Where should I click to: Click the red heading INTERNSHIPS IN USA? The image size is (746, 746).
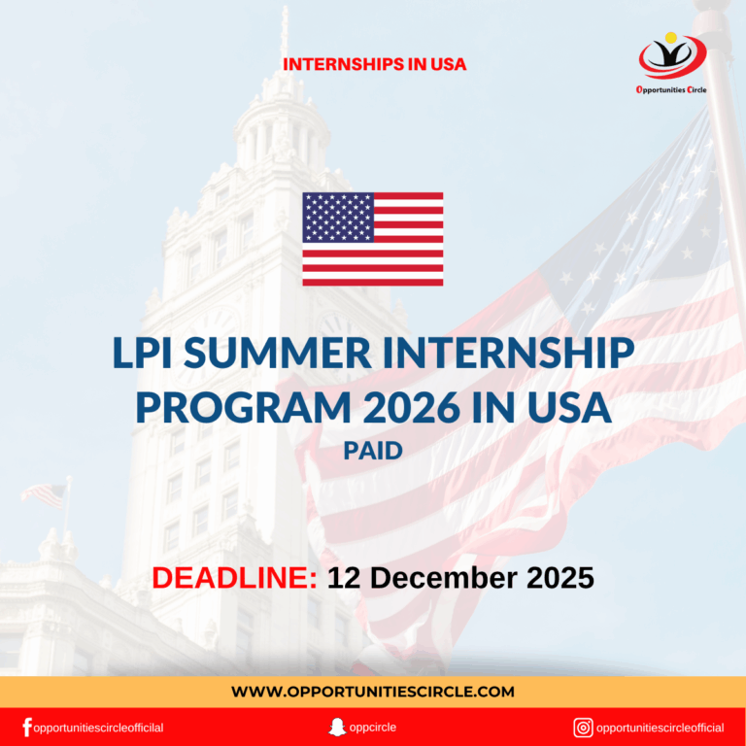(x=375, y=65)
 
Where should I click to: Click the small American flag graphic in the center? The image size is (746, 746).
(x=372, y=239)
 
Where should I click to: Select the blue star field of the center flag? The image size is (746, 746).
(x=337, y=217)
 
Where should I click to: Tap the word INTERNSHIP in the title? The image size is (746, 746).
(x=513, y=356)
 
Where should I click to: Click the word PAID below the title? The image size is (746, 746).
(x=372, y=451)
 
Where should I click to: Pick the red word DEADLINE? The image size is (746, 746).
(x=234, y=578)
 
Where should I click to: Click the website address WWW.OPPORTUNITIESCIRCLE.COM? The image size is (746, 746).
(x=373, y=692)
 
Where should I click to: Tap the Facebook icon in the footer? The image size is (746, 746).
(x=26, y=727)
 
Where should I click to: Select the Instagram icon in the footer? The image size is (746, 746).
(x=583, y=727)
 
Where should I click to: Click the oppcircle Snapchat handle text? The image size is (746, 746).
(x=374, y=727)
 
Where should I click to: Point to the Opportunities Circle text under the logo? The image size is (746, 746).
(x=672, y=88)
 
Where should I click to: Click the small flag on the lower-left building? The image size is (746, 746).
(x=43, y=494)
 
